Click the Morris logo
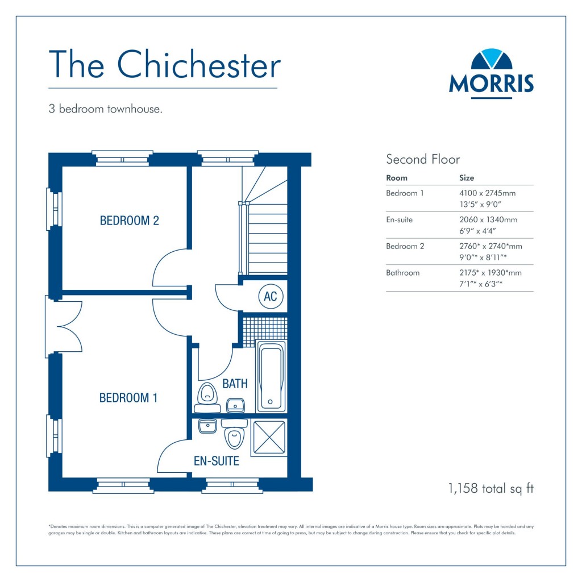pyautogui.click(x=491, y=73)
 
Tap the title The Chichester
pyautogui.click(x=164, y=65)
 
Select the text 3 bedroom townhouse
pyautogui.click(x=106, y=109)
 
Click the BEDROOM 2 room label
pyautogui.click(x=129, y=221)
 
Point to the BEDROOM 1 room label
pyautogui.click(x=128, y=398)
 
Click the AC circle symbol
pyautogui.click(x=271, y=296)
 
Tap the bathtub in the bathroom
pyautogui.click(x=271, y=375)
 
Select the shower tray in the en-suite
pyautogui.click(x=269, y=439)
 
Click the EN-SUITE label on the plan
pyautogui.click(x=217, y=461)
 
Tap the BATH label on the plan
pyautogui.click(x=235, y=384)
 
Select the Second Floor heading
pyautogui.click(x=423, y=159)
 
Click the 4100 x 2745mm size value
pyautogui.click(x=488, y=193)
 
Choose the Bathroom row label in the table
pyautogui.click(x=402, y=273)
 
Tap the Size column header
pyautogui.click(x=466, y=178)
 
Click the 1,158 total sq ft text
pyautogui.click(x=491, y=488)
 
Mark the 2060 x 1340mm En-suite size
pyautogui.click(x=488, y=219)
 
